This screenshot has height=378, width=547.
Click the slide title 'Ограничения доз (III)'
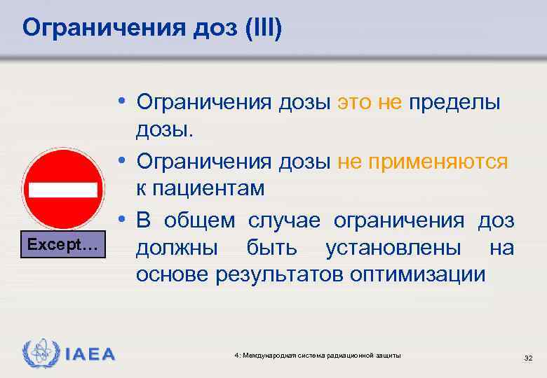151,29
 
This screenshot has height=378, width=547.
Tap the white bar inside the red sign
62,190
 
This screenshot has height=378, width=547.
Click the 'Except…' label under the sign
62,246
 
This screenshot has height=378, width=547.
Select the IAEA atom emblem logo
38,354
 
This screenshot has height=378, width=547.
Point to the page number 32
529,358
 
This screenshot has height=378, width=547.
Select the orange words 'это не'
370,103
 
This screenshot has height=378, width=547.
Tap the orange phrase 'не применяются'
422,162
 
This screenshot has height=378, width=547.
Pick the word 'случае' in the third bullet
284,220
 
